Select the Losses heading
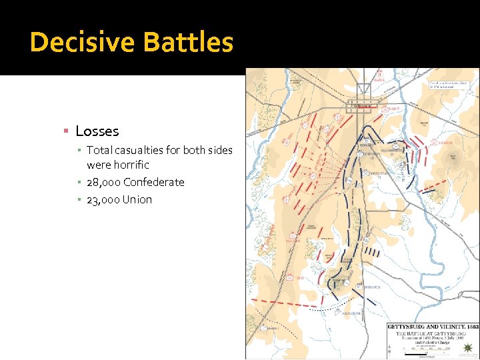(97, 131)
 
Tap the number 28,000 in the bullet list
(103, 182)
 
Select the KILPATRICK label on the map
(353, 313)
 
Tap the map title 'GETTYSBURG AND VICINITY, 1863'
(433, 326)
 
